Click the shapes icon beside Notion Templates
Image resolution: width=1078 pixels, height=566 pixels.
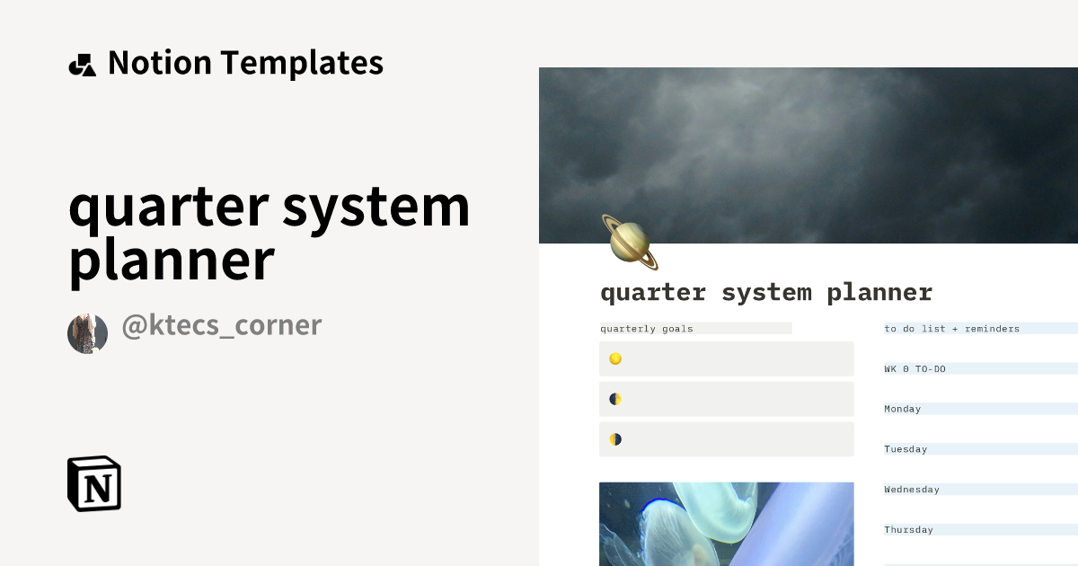(x=82, y=65)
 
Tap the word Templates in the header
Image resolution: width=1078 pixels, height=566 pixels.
(x=302, y=63)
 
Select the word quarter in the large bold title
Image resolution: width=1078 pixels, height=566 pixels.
(x=168, y=207)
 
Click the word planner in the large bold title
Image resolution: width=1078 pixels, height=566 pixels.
(x=171, y=261)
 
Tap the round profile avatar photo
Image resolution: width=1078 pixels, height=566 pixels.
(x=87, y=333)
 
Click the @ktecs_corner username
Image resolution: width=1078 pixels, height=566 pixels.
(x=221, y=325)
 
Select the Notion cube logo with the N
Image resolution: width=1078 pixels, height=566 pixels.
(x=94, y=483)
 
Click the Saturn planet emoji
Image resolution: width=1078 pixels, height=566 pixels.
(x=629, y=242)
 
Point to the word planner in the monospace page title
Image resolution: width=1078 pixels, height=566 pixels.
(x=879, y=293)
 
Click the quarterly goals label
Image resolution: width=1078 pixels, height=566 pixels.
(x=647, y=329)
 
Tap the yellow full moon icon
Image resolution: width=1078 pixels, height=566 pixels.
(x=615, y=358)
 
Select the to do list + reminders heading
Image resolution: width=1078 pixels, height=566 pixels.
(x=951, y=329)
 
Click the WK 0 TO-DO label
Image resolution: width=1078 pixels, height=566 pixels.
(x=915, y=369)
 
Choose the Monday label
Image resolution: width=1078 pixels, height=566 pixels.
(x=902, y=409)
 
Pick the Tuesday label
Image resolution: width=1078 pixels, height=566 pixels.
(x=906, y=449)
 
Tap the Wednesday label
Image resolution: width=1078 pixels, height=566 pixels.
(x=911, y=490)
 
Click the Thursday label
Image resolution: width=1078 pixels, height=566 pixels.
(x=908, y=530)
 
